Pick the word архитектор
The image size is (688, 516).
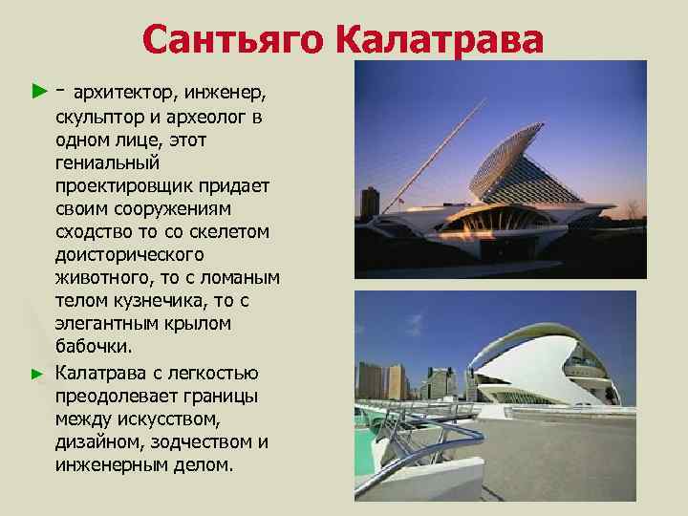click(116, 94)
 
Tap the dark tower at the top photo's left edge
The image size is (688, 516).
click(370, 203)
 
